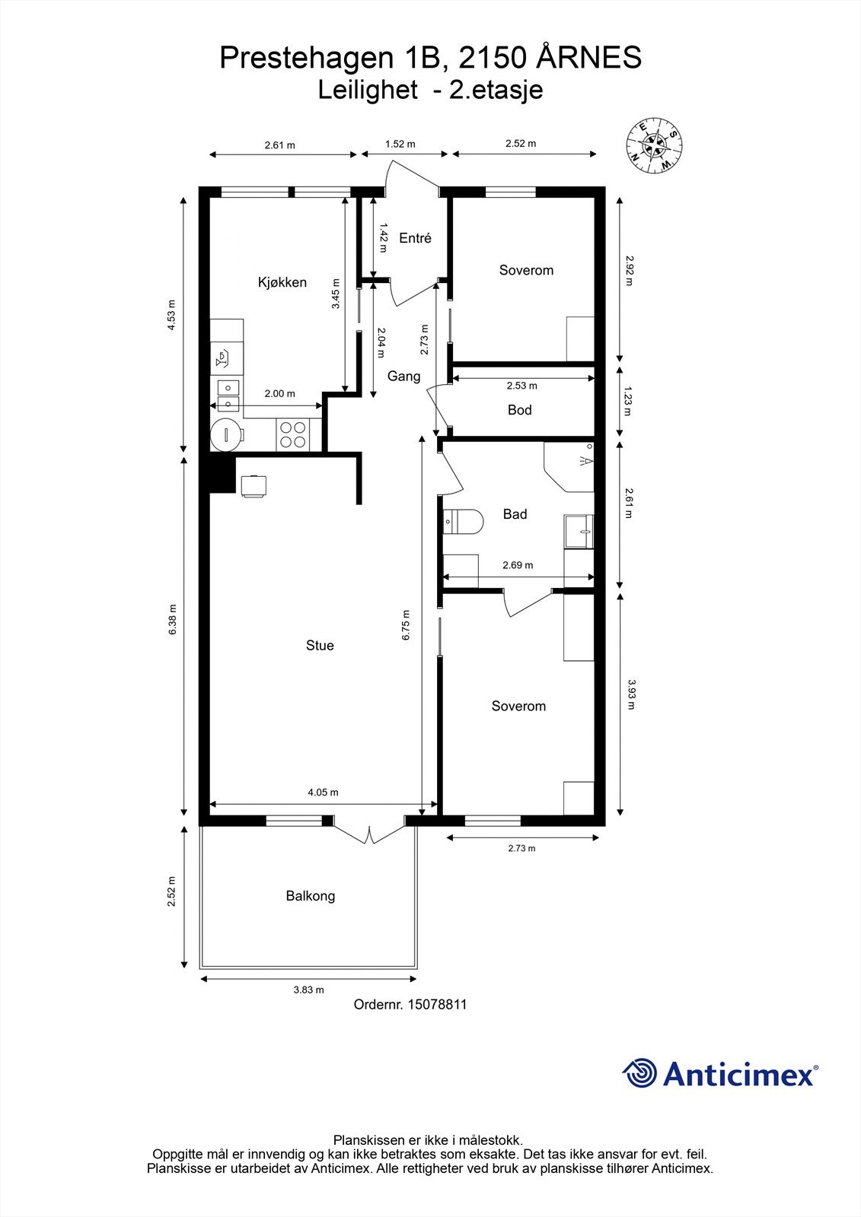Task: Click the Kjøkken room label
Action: (x=282, y=282)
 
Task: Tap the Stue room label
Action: (x=320, y=645)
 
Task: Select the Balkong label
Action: (x=310, y=896)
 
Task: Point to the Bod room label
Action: (x=519, y=410)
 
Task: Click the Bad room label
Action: (x=515, y=514)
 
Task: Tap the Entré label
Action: (x=415, y=238)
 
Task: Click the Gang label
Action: (x=403, y=376)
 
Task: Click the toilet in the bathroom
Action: (x=464, y=521)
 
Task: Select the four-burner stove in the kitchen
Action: (x=293, y=434)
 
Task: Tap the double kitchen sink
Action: (x=228, y=395)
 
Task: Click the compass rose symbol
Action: (x=654, y=145)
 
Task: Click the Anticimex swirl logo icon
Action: (x=639, y=1074)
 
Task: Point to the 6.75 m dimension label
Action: (x=407, y=625)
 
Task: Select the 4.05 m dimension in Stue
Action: (x=323, y=792)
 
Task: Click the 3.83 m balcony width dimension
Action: (x=308, y=990)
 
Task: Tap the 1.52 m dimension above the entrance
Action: (x=400, y=144)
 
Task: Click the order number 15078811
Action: (x=437, y=1004)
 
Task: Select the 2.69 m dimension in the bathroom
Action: (x=518, y=565)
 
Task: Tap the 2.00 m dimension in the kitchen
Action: (x=279, y=393)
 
